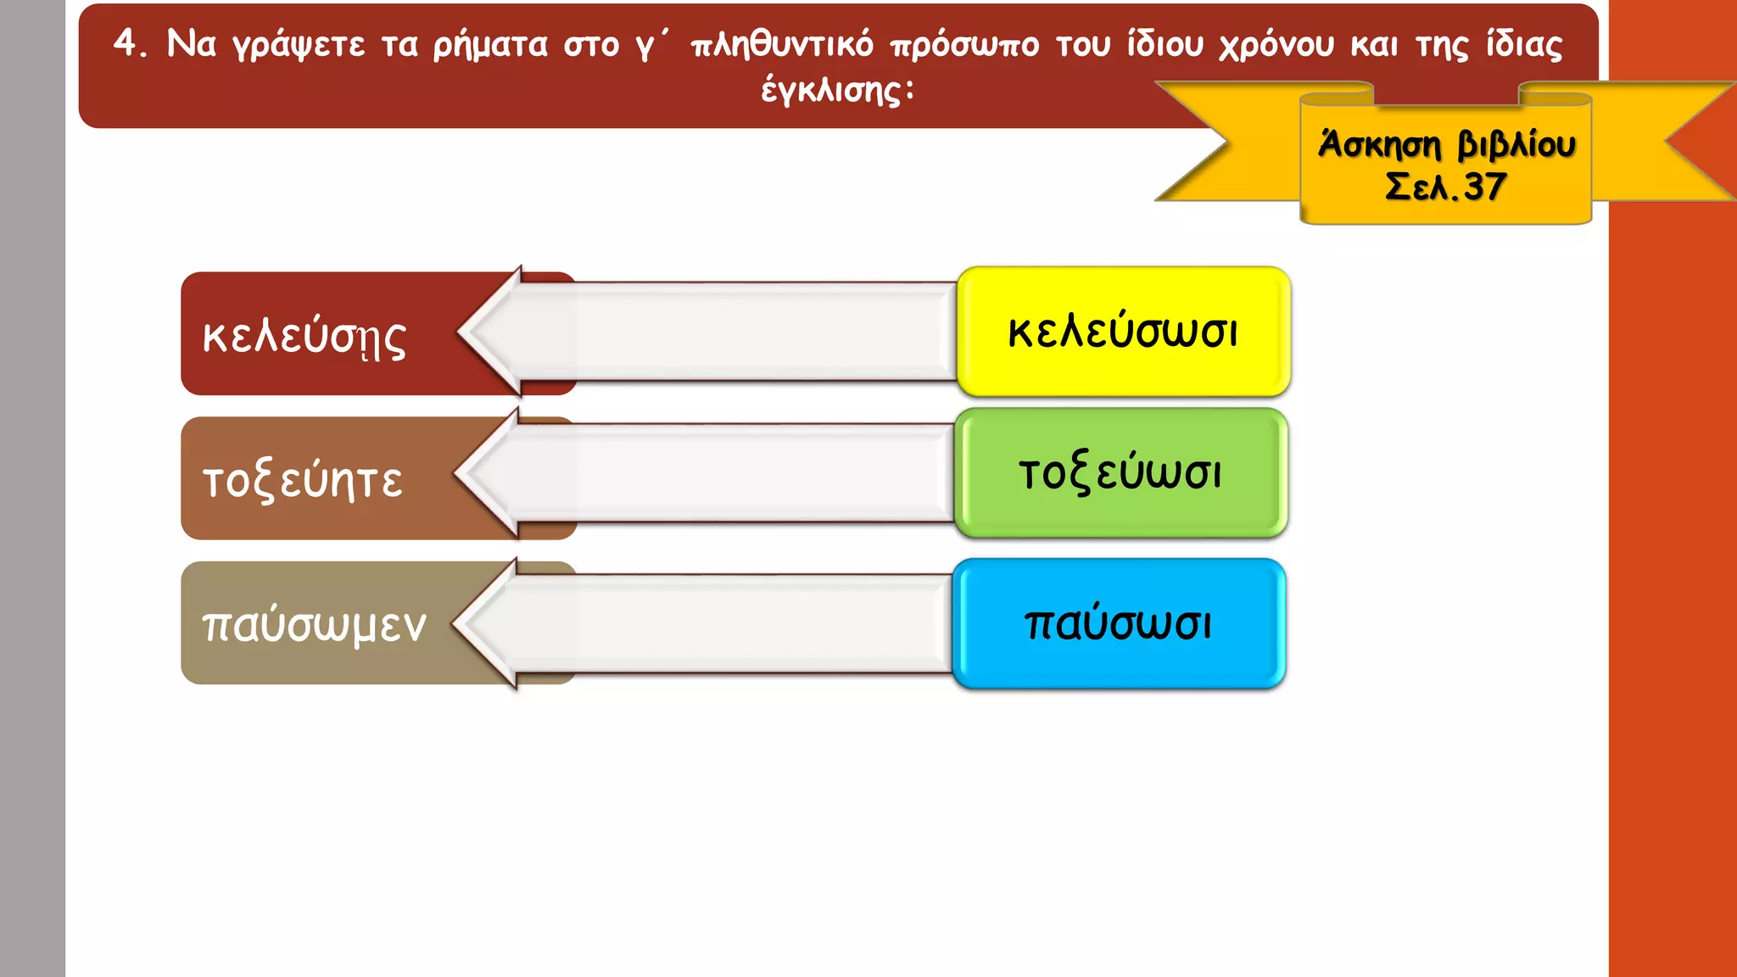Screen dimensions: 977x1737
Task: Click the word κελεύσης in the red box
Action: click(x=304, y=337)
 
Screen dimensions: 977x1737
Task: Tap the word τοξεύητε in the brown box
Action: click(x=303, y=481)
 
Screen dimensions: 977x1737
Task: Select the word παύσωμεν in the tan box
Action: click(x=314, y=625)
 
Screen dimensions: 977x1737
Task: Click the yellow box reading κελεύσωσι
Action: click(x=1123, y=332)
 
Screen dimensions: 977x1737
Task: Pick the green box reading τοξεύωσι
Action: click(x=1120, y=473)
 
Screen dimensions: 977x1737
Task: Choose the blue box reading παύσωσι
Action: click(x=1119, y=623)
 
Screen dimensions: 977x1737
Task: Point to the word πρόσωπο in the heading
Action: click(x=964, y=43)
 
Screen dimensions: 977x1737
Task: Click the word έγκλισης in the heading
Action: click(x=836, y=90)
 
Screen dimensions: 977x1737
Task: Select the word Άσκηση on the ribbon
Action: click(x=1379, y=145)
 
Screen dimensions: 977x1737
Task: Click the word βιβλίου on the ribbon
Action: click(x=1516, y=145)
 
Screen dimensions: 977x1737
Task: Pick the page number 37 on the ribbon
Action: click(x=1485, y=187)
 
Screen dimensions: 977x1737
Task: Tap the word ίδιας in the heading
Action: click(x=1523, y=43)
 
